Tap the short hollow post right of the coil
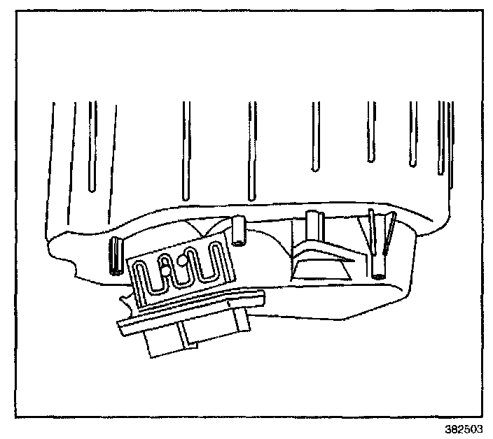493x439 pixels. [x=239, y=231]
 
